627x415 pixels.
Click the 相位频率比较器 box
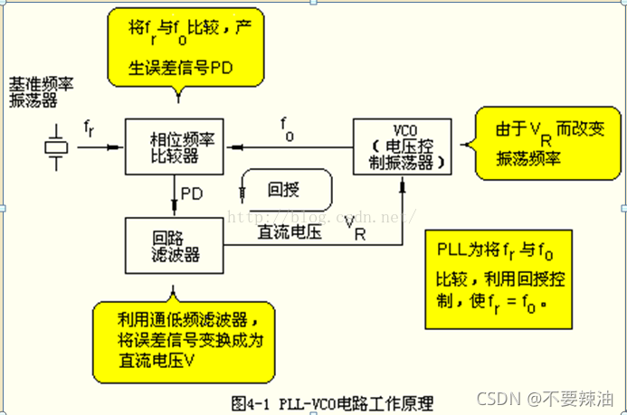pos(174,147)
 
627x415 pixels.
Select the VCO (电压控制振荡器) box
pos(400,144)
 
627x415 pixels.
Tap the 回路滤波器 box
pos(174,247)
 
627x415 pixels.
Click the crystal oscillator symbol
pos(56,147)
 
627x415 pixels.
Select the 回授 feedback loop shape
pos(288,191)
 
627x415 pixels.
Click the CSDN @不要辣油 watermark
pos(571,398)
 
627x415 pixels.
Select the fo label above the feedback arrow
pos(287,127)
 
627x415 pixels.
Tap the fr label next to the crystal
pos(88,129)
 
